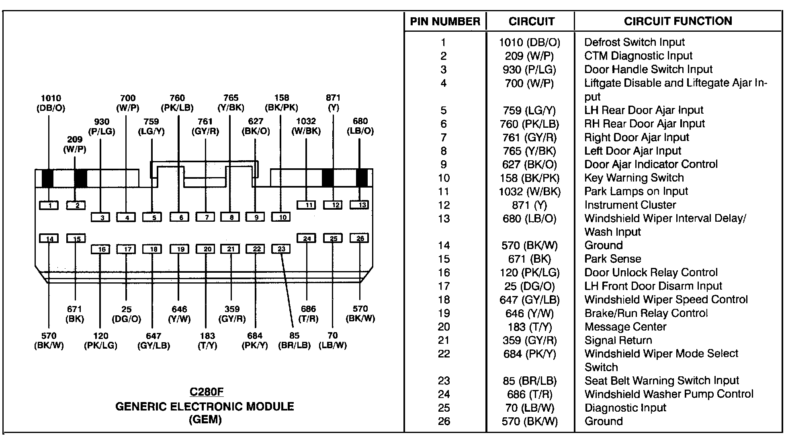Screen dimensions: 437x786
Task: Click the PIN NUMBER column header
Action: (x=445, y=21)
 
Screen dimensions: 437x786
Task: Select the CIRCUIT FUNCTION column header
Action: (x=678, y=21)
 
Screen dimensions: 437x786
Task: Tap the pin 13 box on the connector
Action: (x=360, y=205)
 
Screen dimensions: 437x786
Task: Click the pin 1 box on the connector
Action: (x=49, y=206)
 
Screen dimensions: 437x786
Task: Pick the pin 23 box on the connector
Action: (x=281, y=249)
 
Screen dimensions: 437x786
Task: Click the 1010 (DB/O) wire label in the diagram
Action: (x=51, y=103)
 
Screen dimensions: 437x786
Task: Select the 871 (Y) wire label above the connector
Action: (x=333, y=102)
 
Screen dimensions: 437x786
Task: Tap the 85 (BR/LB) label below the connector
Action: (x=295, y=341)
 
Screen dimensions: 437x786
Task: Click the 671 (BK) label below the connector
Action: (x=75, y=314)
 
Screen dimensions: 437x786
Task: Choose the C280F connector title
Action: (x=206, y=392)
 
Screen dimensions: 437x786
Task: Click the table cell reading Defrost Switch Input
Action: (x=634, y=42)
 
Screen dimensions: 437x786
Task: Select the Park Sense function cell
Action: (x=612, y=259)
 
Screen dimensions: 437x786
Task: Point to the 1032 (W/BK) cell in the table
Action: (x=530, y=192)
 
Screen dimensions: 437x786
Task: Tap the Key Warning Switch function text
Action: (x=634, y=178)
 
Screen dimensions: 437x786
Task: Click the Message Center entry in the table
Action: (x=625, y=327)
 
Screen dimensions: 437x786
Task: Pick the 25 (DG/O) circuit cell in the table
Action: (x=530, y=286)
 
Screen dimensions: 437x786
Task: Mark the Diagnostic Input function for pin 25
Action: (x=625, y=408)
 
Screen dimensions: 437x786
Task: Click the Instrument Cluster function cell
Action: (x=630, y=205)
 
